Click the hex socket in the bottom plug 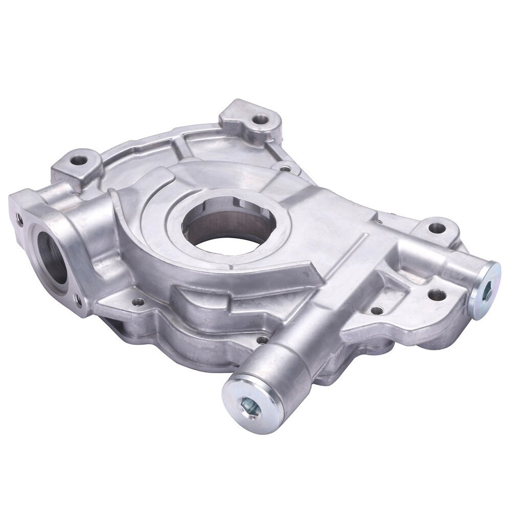tap(249, 407)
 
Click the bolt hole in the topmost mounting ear tap(259, 120)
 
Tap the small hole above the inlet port tap(20, 218)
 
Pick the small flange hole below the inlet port tap(79, 301)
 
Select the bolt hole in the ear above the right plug tap(436, 228)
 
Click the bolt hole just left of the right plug tap(436, 294)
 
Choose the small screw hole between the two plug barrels tap(377, 310)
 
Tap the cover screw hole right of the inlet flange tap(138, 302)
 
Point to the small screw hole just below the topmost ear tap(286, 169)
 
